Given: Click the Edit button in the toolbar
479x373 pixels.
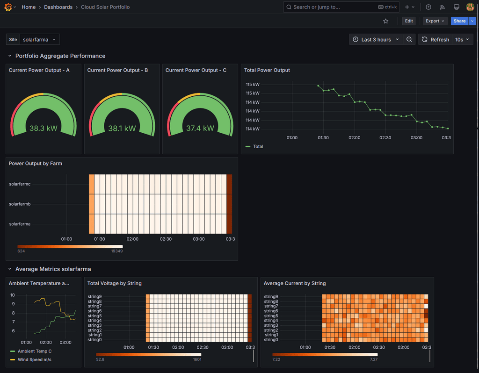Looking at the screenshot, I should [x=409, y=21].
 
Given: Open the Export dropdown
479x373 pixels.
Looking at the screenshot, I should [x=435, y=21].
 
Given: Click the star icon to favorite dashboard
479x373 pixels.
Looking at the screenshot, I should [x=386, y=21].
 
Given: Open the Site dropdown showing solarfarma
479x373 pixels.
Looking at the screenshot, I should [x=39, y=40].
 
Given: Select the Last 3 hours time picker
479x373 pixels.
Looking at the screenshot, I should [x=376, y=40].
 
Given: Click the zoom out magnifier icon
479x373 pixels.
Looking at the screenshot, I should [x=409, y=40].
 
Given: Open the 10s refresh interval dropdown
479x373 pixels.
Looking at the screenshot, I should [x=462, y=40].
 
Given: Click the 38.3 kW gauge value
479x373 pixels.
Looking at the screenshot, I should [x=44, y=128].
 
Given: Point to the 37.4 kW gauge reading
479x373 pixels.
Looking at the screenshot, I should [x=200, y=128].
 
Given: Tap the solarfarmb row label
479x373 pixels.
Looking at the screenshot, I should [x=20, y=204].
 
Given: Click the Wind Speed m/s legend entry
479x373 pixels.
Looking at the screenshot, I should [x=35, y=359].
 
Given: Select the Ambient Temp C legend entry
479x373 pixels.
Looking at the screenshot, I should [x=35, y=351].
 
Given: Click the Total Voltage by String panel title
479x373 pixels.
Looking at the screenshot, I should [x=114, y=283].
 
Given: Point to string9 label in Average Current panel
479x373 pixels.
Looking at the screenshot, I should [x=271, y=296].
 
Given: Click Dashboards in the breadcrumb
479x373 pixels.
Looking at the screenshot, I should [x=58, y=7].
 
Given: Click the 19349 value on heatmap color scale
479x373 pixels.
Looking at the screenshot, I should [x=117, y=251].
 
